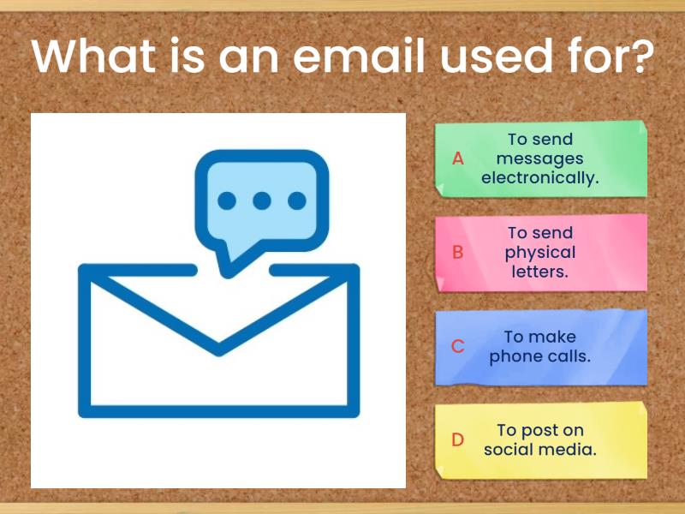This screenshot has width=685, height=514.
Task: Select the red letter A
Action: [x=458, y=158]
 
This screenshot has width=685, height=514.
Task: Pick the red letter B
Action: [x=458, y=253]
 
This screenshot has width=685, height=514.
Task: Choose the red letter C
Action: [x=458, y=347]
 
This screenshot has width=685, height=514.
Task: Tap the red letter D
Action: [x=458, y=440]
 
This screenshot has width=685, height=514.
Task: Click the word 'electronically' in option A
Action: [x=540, y=178]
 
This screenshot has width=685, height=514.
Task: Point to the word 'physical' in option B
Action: [x=540, y=253]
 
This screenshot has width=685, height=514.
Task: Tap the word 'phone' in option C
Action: [x=514, y=356]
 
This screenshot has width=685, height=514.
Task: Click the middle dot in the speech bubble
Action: [x=262, y=200]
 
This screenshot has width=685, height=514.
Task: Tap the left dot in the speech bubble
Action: [x=227, y=200]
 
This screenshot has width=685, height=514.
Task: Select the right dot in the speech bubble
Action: [x=297, y=200]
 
